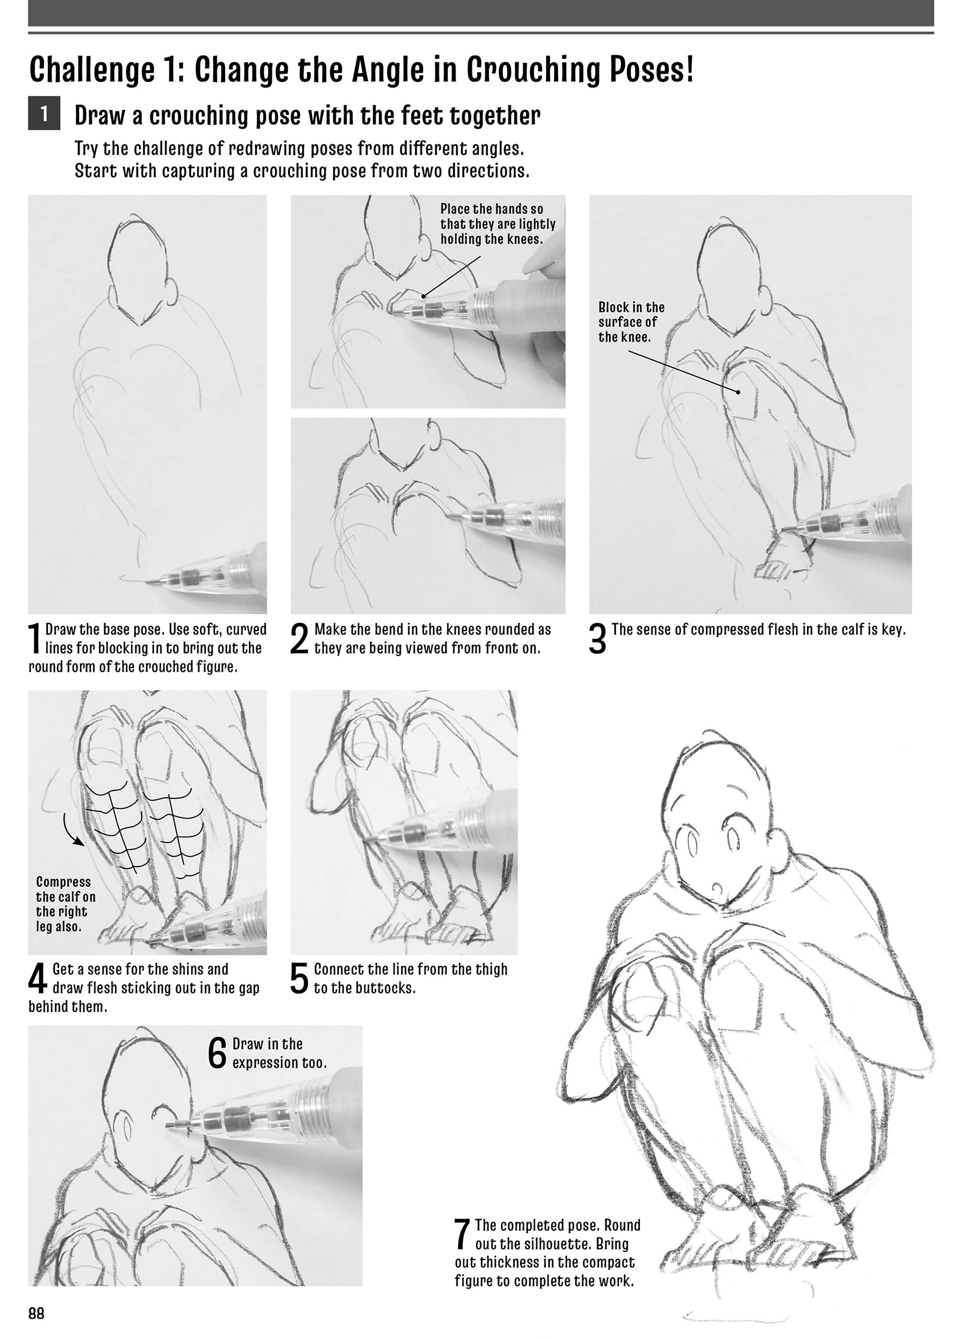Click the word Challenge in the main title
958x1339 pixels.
pos(92,71)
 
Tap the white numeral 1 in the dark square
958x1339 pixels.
pos(44,115)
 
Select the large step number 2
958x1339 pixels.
pos(299,640)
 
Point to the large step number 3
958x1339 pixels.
pos(598,640)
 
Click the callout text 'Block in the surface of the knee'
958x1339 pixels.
pos(632,322)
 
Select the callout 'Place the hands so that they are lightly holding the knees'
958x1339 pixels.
pos(498,224)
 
